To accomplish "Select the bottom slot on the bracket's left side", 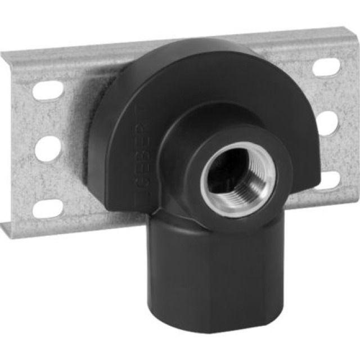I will [x=47, y=209].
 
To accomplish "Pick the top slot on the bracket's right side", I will [x=326, y=68].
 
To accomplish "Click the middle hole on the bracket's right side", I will [x=329, y=121].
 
